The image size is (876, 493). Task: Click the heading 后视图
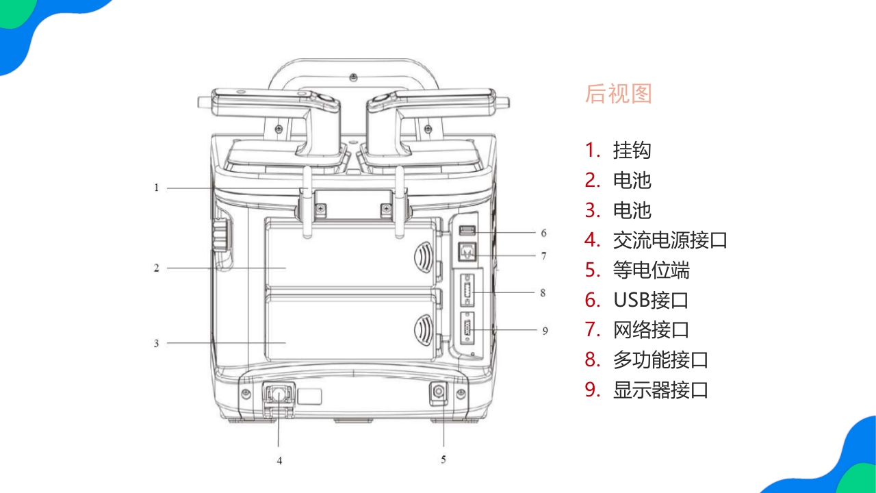point(618,94)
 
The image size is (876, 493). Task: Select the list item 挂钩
point(632,150)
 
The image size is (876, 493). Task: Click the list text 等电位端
point(651,270)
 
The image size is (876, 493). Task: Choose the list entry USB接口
point(650,300)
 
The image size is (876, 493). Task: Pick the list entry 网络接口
point(651,330)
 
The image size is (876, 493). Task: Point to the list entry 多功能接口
point(660,360)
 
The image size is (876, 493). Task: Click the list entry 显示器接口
point(660,390)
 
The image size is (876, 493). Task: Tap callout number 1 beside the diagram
point(156,188)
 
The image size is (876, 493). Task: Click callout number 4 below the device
point(279,461)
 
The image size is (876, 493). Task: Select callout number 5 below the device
point(443,459)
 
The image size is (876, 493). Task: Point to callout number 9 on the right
point(545,331)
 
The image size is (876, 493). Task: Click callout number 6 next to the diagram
point(543,233)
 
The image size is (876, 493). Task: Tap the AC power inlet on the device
point(279,394)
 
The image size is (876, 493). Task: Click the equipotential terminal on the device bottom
point(437,393)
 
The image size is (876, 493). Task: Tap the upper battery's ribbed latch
point(424,259)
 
